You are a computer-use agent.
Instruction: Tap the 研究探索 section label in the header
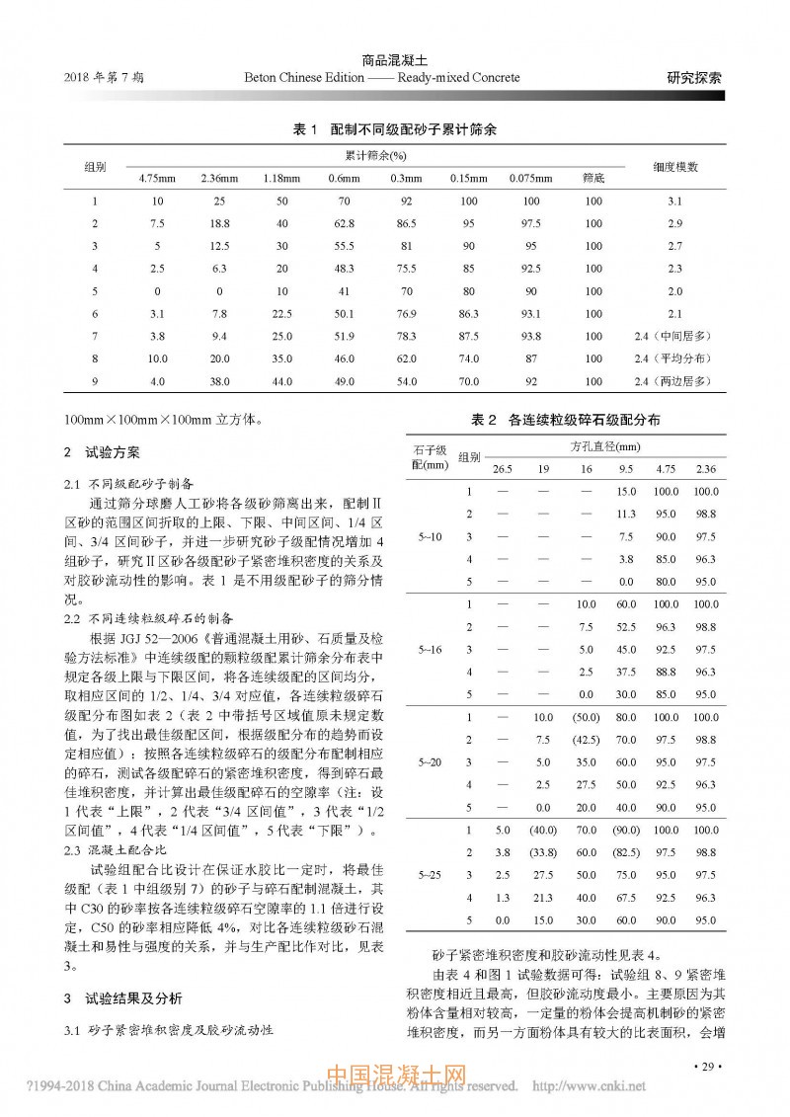click(693, 77)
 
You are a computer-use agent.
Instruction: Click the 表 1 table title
click(395, 129)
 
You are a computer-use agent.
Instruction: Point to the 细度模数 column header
click(675, 167)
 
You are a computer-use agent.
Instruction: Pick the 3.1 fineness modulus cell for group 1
click(675, 201)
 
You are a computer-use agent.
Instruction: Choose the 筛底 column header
click(592, 178)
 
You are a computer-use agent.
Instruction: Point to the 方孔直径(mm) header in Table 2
click(612, 446)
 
